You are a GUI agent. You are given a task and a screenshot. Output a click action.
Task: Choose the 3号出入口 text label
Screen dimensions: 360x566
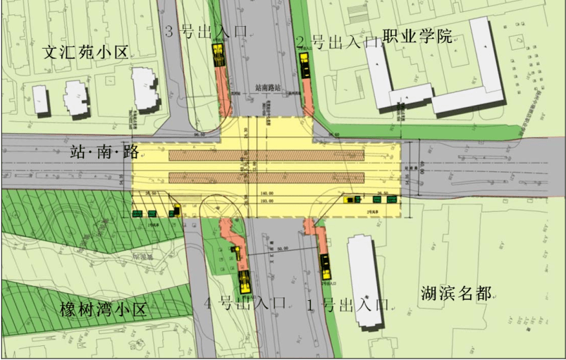206,31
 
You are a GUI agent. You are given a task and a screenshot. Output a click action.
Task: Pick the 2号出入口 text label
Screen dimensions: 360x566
337,42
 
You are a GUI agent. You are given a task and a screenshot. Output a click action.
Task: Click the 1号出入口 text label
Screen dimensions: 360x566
347,305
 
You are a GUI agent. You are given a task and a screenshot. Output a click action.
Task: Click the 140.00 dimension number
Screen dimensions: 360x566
266,193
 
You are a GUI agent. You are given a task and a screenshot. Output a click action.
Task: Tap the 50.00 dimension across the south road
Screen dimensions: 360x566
283,248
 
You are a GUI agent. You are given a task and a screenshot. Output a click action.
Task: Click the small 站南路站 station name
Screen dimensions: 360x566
268,88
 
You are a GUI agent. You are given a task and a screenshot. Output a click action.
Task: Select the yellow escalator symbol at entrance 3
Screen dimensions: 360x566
219,56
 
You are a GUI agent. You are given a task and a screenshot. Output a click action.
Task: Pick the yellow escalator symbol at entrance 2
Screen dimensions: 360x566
306,65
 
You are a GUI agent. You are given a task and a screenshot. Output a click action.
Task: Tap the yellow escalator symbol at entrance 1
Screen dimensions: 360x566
326,266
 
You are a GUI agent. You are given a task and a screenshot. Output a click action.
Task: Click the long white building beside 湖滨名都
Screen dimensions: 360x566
364,281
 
